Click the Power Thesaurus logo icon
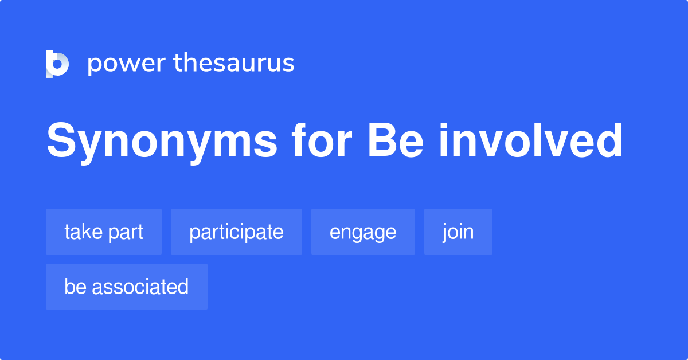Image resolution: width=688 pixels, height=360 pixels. (57, 64)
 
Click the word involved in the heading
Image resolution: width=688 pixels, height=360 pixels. (531, 141)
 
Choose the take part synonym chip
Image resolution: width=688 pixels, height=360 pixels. (104, 232)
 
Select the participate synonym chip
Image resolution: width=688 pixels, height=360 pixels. (236, 232)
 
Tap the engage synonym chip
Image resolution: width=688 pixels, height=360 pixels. (363, 232)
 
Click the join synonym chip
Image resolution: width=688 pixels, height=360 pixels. (458, 232)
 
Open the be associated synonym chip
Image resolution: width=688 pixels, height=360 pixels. (127, 287)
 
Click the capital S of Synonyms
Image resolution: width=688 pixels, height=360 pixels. (60, 141)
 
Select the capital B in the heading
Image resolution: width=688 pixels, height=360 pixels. (381, 141)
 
